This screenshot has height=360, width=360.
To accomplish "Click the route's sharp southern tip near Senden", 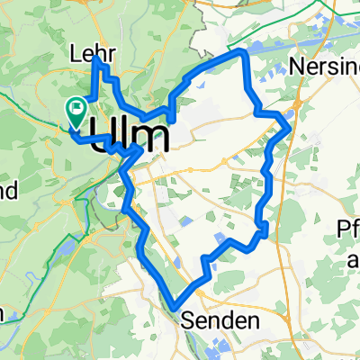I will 175,307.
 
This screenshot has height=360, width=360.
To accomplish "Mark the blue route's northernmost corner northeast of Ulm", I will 242,54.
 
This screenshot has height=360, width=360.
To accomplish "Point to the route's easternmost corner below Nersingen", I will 288,125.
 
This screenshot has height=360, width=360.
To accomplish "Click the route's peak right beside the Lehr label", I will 95,58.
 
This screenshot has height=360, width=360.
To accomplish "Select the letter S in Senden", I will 189,320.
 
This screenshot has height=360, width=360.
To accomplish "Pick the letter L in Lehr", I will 74,55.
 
